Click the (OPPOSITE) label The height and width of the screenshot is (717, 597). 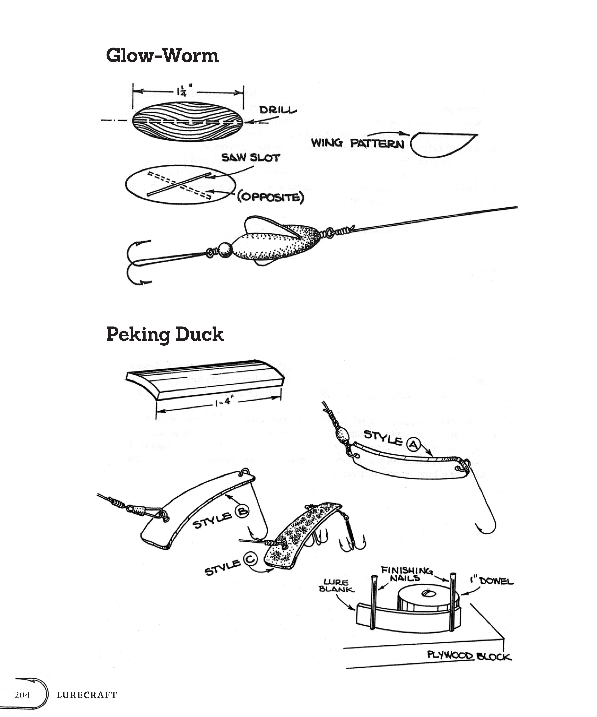pos(271,197)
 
